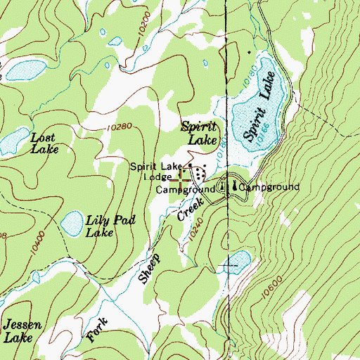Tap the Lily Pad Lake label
point(109,226)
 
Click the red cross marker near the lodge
point(182,180)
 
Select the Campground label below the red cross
point(185,191)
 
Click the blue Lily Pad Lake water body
point(72,224)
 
